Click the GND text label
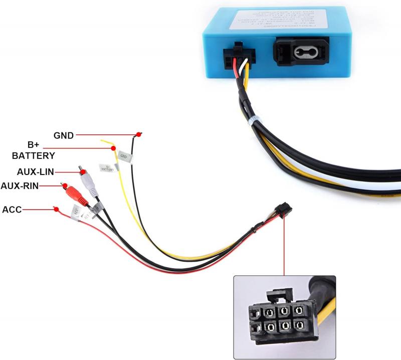(x=64, y=135)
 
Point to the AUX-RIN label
(x=20, y=186)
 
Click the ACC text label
(x=12, y=209)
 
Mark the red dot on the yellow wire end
(x=113, y=149)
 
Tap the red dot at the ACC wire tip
(x=56, y=209)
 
